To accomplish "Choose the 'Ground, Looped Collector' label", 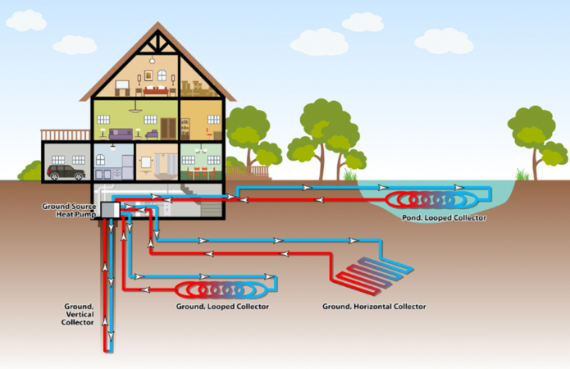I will pos(222,306).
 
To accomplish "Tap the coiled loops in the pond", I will pos(430,199).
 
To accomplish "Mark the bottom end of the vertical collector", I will pos(108,348).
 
